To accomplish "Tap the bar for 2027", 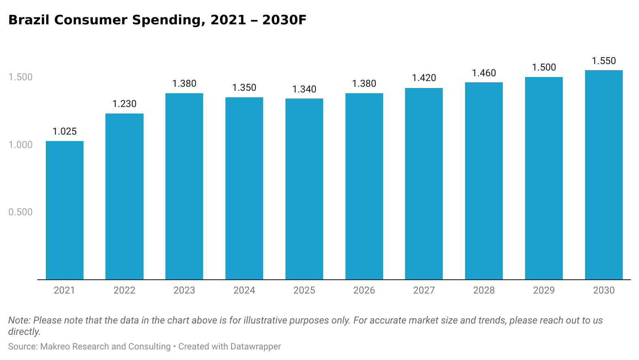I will [x=424, y=184].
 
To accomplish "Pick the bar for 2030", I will [x=604, y=175].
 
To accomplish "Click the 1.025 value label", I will [x=64, y=131].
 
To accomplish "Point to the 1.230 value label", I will [x=124, y=104].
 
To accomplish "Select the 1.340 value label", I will [x=304, y=89].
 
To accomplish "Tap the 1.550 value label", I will [x=604, y=61].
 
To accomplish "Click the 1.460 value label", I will [x=484, y=73].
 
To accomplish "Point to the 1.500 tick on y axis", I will [x=20, y=77].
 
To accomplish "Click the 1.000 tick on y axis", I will [x=20, y=145].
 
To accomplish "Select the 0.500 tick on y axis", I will [x=20, y=212].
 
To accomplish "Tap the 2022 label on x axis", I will [x=124, y=290].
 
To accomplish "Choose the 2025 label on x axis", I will [x=304, y=290].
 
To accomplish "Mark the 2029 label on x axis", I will [x=544, y=290].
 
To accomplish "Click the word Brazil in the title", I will [x=29, y=20].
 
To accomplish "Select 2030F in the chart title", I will [x=284, y=20].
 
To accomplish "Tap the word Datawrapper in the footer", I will [x=255, y=347].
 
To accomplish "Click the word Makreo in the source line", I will [x=55, y=347].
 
